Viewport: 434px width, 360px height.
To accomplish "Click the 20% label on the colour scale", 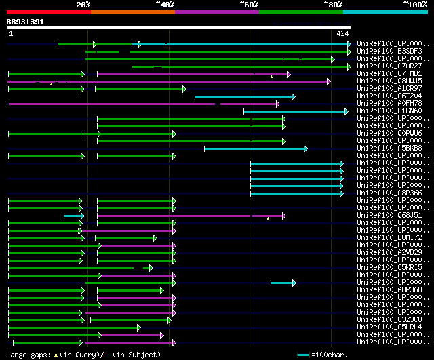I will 83,5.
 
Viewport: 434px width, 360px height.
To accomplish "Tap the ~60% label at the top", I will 249,5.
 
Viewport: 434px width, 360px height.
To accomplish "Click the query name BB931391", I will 25,22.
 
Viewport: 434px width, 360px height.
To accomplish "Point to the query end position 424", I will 342,33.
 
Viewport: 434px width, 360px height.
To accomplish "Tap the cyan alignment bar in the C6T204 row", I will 244,96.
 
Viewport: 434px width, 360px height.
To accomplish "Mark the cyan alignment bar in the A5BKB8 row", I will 254,148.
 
